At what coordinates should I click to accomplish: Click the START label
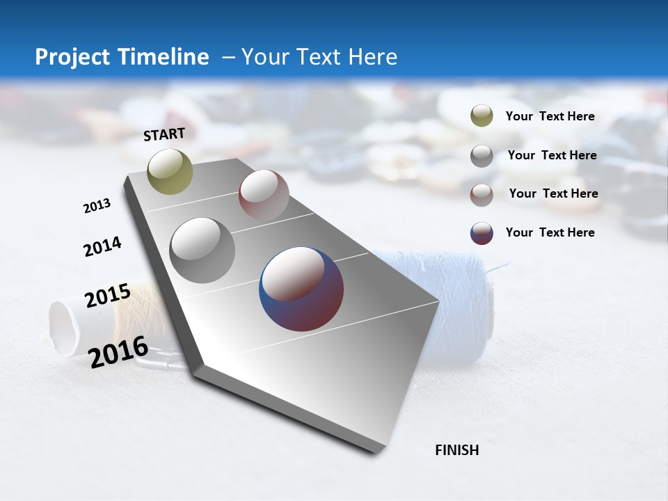pos(164,134)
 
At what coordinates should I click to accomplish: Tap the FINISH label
pos(456,450)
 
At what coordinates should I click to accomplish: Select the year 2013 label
pos(97,206)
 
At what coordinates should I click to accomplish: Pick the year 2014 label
pos(102,246)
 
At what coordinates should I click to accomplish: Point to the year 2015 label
pos(108,296)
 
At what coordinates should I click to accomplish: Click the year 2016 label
pos(118,351)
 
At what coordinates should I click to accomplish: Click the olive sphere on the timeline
pos(170,171)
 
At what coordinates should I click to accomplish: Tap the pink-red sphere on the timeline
pos(264,194)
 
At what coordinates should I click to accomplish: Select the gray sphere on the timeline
pos(202,250)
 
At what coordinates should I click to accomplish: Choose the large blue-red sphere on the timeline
pos(301,289)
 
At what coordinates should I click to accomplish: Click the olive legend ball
pos(482,116)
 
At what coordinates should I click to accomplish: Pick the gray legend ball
pos(482,156)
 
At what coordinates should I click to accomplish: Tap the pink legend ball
pos(482,195)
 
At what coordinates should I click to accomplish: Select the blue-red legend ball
pos(482,233)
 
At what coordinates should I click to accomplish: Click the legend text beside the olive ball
pos(550,116)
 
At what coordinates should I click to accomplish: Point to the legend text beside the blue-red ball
pos(550,232)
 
